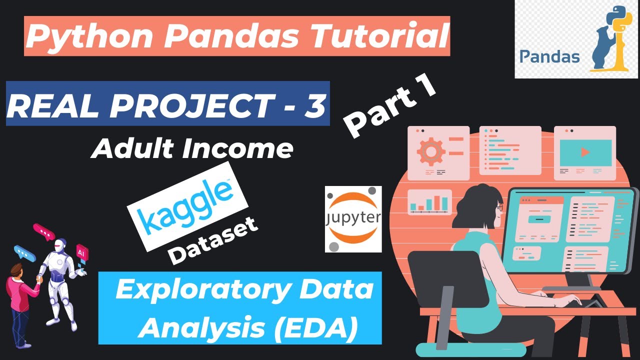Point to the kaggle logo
[188, 206]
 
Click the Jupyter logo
[353, 219]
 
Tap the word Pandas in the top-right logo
[549, 56]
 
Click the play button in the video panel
[585, 152]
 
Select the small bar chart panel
[429, 202]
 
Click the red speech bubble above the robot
[43, 231]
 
